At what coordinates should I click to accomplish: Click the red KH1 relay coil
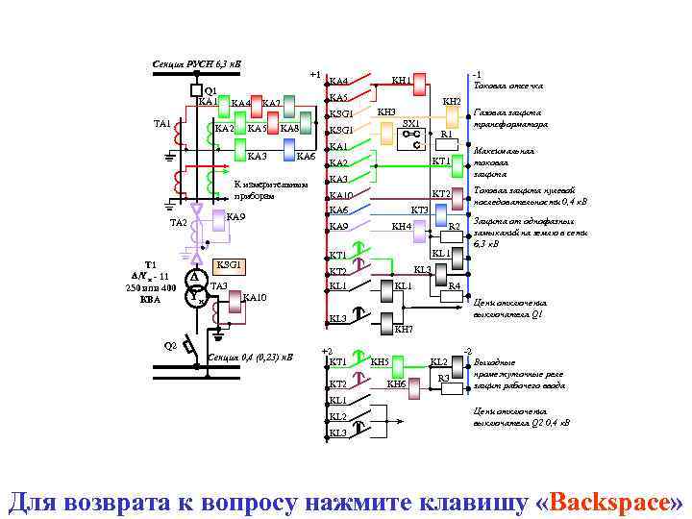tap(418, 81)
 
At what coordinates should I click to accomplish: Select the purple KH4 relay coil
tap(419, 227)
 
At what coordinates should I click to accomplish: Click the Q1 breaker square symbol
tap(197, 90)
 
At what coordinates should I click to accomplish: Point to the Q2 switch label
tap(170, 345)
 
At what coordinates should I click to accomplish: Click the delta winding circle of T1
tap(195, 277)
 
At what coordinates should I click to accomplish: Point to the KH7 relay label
tap(405, 329)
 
